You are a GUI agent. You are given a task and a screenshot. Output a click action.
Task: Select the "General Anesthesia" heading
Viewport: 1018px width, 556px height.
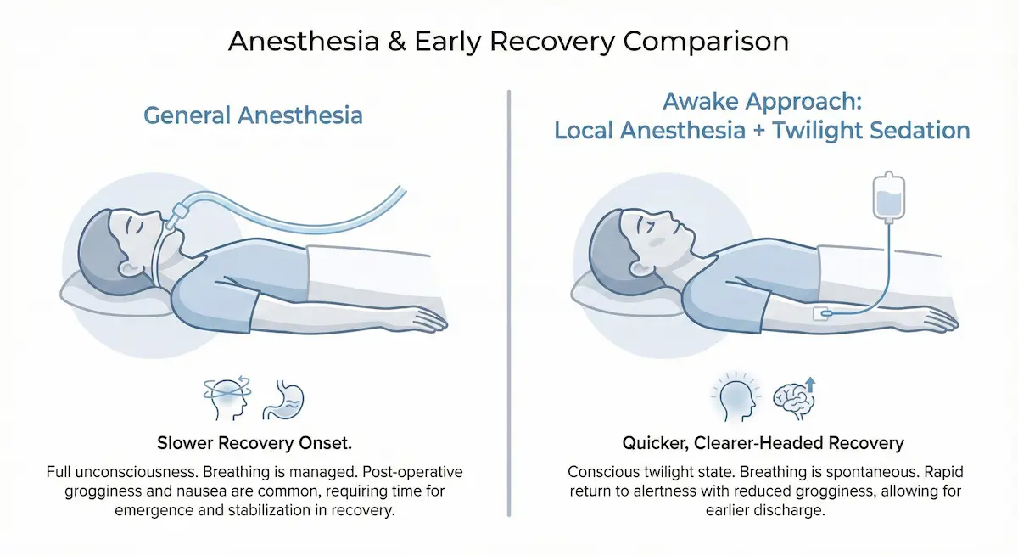253,115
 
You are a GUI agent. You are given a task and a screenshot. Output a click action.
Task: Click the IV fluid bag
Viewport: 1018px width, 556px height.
888,199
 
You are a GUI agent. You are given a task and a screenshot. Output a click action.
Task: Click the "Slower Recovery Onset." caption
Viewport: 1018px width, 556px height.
254,443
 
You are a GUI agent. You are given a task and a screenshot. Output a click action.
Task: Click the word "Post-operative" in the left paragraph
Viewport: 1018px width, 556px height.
411,471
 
